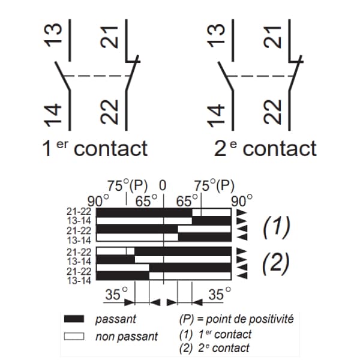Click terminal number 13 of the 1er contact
(x=53, y=35)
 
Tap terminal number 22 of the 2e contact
(x=272, y=112)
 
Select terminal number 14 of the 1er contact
(x=53, y=115)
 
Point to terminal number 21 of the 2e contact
(x=272, y=37)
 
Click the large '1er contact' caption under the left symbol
(x=95, y=148)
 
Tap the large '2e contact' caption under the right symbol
(x=265, y=148)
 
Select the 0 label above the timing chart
(x=163, y=185)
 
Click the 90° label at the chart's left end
(x=98, y=201)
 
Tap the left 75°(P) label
(x=127, y=185)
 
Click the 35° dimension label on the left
(x=116, y=293)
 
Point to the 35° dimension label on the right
(x=220, y=293)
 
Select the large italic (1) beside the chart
(x=276, y=227)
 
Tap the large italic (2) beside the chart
(x=276, y=263)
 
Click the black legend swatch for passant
(x=74, y=319)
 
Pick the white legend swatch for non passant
(x=74, y=336)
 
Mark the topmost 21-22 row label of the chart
(x=79, y=212)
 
